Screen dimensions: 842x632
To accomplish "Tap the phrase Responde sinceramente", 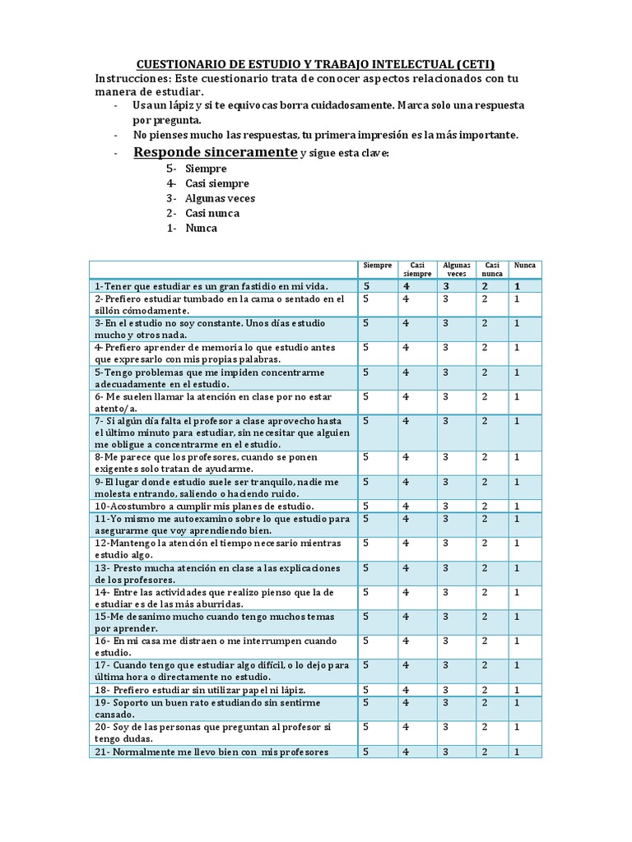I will coord(215,153).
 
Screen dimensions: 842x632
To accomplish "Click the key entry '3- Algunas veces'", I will coord(210,198).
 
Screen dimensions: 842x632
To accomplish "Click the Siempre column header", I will coord(378,266).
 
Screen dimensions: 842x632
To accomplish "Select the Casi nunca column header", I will coord(491,269).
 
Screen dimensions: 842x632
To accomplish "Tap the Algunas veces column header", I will coord(457,269).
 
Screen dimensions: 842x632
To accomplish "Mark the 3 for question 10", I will coord(445,506).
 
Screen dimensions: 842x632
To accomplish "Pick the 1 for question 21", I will coord(517,752).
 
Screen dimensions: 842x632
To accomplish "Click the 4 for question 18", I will coord(406,690).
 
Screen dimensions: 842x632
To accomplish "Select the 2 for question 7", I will coord(486,421).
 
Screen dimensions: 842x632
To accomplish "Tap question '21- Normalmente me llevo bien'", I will coord(211,752).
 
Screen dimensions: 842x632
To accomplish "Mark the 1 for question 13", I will coord(517,567).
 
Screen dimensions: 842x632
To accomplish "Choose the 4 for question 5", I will coord(406,372).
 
